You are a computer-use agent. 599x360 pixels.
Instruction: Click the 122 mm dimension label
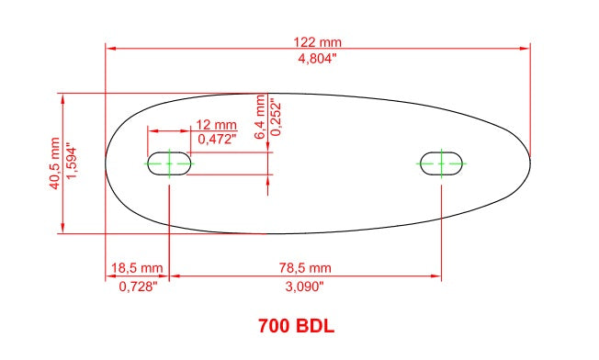tap(317, 41)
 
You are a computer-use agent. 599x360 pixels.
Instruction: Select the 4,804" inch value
tap(317, 59)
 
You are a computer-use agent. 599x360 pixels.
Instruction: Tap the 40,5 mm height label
tap(54, 163)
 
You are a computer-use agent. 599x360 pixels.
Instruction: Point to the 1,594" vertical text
tap(72, 161)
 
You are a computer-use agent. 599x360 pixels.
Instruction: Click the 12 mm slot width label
tap(216, 125)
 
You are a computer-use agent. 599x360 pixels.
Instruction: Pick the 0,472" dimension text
tap(217, 139)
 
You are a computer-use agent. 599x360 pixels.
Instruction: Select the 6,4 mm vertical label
tap(259, 117)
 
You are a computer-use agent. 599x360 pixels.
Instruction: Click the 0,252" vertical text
tap(276, 118)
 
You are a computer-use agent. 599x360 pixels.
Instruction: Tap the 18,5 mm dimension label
tap(137, 267)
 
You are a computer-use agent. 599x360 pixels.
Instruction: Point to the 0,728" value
tap(138, 286)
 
